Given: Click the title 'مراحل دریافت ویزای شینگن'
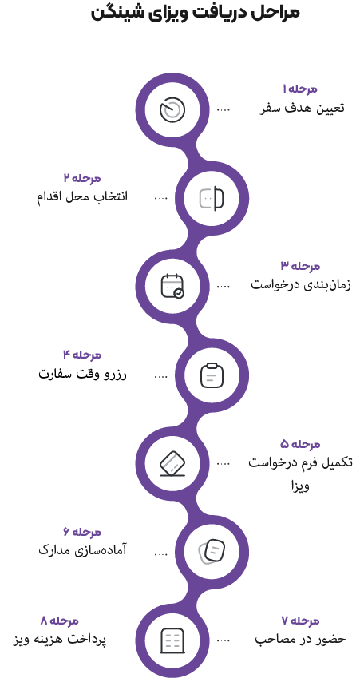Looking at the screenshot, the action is pyautogui.click(x=196, y=13).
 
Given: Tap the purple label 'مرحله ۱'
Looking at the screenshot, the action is pyautogui.click(x=299, y=89).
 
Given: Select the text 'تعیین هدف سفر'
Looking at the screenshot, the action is pyautogui.click(x=303, y=109).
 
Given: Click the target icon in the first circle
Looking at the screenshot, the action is pyautogui.click(x=172, y=109).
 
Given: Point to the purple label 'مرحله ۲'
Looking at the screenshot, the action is pyautogui.click(x=82, y=178).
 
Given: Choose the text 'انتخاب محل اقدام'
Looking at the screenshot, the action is pyautogui.click(x=81, y=197).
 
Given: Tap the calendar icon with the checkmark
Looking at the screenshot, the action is pyautogui.click(x=172, y=286).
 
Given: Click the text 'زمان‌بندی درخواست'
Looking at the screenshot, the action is pyautogui.click(x=301, y=286).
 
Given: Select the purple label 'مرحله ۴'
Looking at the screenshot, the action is pyautogui.click(x=82, y=355).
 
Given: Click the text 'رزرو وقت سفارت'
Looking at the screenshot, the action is pyautogui.click(x=82, y=374).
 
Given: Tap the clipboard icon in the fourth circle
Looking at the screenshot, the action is pyautogui.click(x=212, y=375).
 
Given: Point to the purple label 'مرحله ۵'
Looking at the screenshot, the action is pyautogui.click(x=300, y=444).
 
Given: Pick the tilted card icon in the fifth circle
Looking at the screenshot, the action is pyautogui.click(x=172, y=464).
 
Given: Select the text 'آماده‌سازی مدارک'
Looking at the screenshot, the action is pyautogui.click(x=82, y=550).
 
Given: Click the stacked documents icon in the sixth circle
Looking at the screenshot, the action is pyautogui.click(x=212, y=552).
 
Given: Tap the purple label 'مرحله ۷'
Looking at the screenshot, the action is pyautogui.click(x=300, y=621).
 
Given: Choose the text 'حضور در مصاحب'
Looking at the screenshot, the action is pyautogui.click(x=300, y=640).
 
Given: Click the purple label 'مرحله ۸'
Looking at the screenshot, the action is pyautogui.click(x=60, y=621).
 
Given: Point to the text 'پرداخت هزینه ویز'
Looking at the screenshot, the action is pyautogui.click(x=60, y=640).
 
